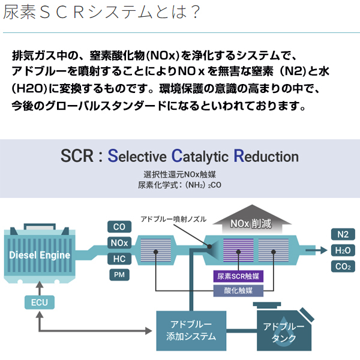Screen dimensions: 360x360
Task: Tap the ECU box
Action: [x=39, y=302]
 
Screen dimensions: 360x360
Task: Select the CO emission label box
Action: [x=119, y=227]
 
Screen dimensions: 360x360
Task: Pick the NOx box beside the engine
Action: [x=119, y=243]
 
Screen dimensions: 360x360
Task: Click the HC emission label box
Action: [x=119, y=259]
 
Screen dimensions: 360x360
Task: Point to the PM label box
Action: [x=119, y=275]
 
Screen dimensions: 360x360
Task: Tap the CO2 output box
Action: [x=343, y=266]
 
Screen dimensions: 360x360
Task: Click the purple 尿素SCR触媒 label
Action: [x=238, y=277]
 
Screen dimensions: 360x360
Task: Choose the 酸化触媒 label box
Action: [x=238, y=291]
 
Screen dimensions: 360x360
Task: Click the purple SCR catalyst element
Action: [x=238, y=251]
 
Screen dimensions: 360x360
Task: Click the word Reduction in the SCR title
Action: [x=266, y=157]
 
